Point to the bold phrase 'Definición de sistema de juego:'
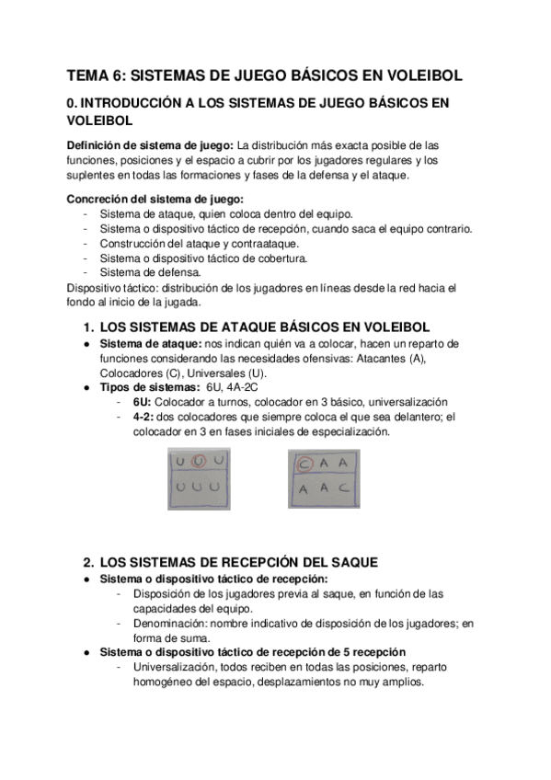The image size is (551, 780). pyautogui.click(x=150, y=145)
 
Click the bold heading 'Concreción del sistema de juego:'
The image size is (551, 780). pyautogui.click(x=153, y=200)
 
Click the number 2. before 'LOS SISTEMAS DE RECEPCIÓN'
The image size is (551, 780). pyautogui.click(x=88, y=562)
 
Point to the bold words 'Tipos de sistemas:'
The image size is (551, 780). pyautogui.click(x=145, y=387)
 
